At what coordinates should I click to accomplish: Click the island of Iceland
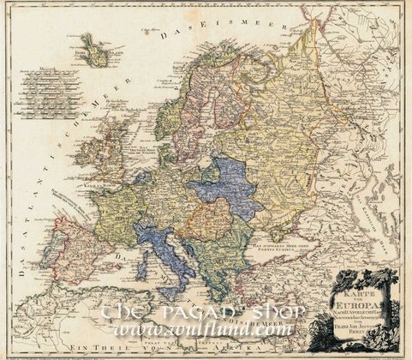(x=96, y=51)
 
